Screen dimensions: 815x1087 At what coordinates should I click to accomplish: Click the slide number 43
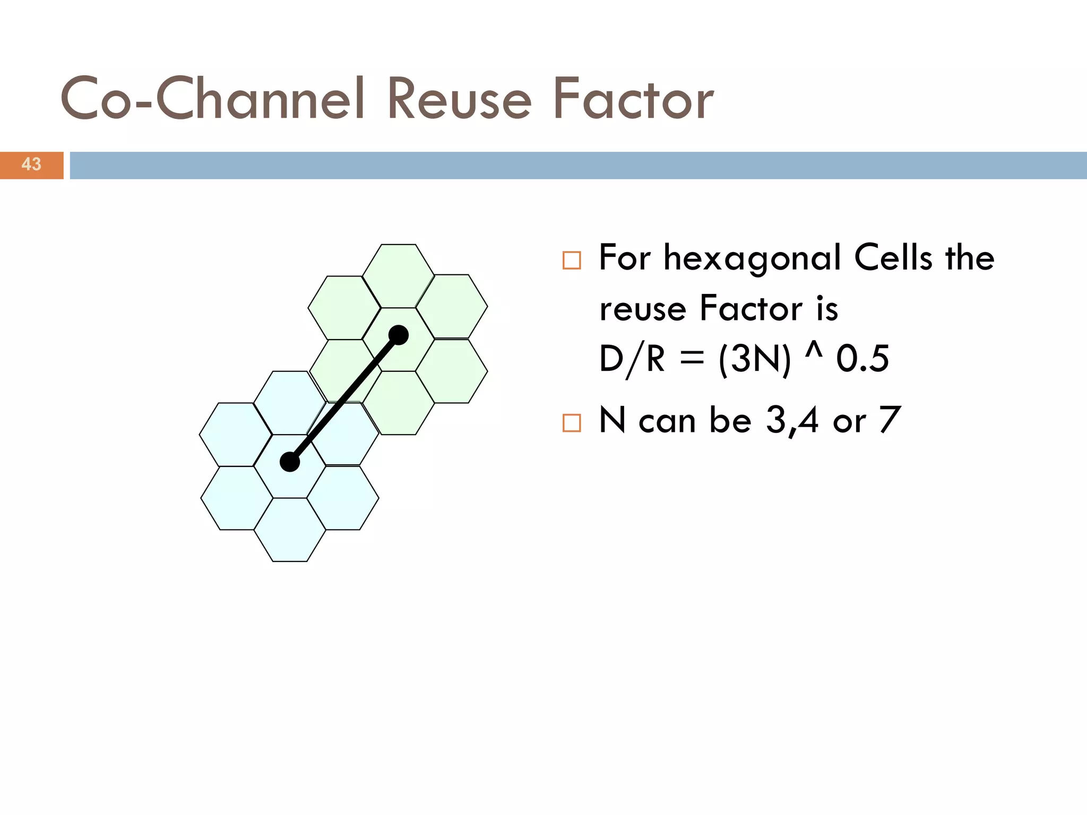31,164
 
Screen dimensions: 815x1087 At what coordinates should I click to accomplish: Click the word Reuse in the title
459,99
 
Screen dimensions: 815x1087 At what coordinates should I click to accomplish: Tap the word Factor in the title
633,99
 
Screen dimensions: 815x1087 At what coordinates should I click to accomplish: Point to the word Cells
893,258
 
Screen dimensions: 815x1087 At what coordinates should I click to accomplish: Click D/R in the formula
632,359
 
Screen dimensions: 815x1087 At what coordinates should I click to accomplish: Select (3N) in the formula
754,359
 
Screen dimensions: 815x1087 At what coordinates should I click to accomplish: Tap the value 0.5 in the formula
862,359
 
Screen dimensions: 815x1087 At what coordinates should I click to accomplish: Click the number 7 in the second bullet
890,420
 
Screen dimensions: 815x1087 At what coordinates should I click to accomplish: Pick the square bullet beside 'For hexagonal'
572,261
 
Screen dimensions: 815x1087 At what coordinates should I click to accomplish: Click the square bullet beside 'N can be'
572,423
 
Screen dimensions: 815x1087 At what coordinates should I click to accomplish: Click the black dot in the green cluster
399,335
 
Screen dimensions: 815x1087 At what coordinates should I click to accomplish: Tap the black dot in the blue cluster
290,462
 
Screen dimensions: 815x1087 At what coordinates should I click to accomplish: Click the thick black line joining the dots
344,399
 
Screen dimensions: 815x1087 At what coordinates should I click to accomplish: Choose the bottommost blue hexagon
290,530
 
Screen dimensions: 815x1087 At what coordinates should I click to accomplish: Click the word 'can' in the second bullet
667,422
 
